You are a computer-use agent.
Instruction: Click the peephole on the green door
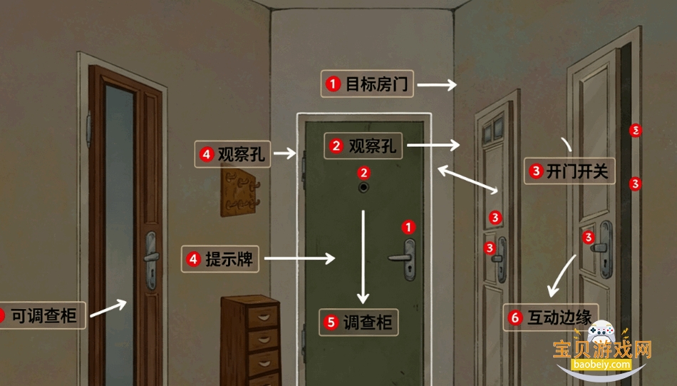(363, 187)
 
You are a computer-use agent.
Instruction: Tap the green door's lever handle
(403, 258)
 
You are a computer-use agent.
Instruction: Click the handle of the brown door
(151, 259)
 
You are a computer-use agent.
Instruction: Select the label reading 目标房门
(367, 84)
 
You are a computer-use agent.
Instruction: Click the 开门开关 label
(569, 171)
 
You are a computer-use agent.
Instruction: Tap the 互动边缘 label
(551, 318)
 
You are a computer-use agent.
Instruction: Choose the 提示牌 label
(220, 259)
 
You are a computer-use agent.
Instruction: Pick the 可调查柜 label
(42, 315)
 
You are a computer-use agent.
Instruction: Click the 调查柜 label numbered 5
(358, 322)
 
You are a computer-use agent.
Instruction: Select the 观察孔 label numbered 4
(233, 154)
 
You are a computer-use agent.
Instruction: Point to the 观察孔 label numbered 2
(363, 146)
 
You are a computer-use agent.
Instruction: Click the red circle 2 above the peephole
(363, 173)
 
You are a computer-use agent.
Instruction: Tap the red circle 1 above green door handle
(408, 227)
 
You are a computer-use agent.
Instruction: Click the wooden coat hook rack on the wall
(239, 193)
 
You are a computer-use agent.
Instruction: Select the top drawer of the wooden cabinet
(262, 317)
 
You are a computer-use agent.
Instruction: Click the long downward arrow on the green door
(363, 257)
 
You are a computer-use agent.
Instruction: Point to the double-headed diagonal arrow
(468, 179)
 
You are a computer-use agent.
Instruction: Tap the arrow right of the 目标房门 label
(437, 85)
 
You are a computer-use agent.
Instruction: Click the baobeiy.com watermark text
(601, 365)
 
